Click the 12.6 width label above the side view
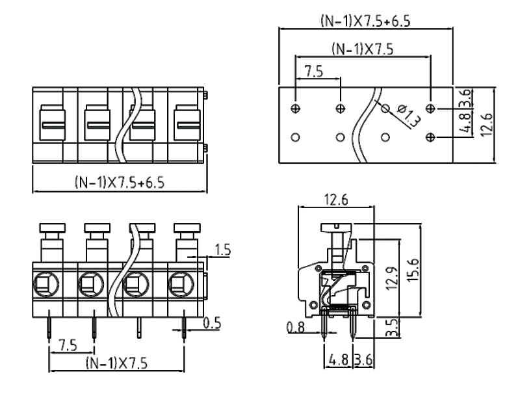pos(335,200)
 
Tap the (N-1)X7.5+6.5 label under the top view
pos(119,183)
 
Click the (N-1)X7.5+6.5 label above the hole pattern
pos(365,21)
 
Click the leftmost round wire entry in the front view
pos(45,283)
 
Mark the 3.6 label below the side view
pos(363,358)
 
